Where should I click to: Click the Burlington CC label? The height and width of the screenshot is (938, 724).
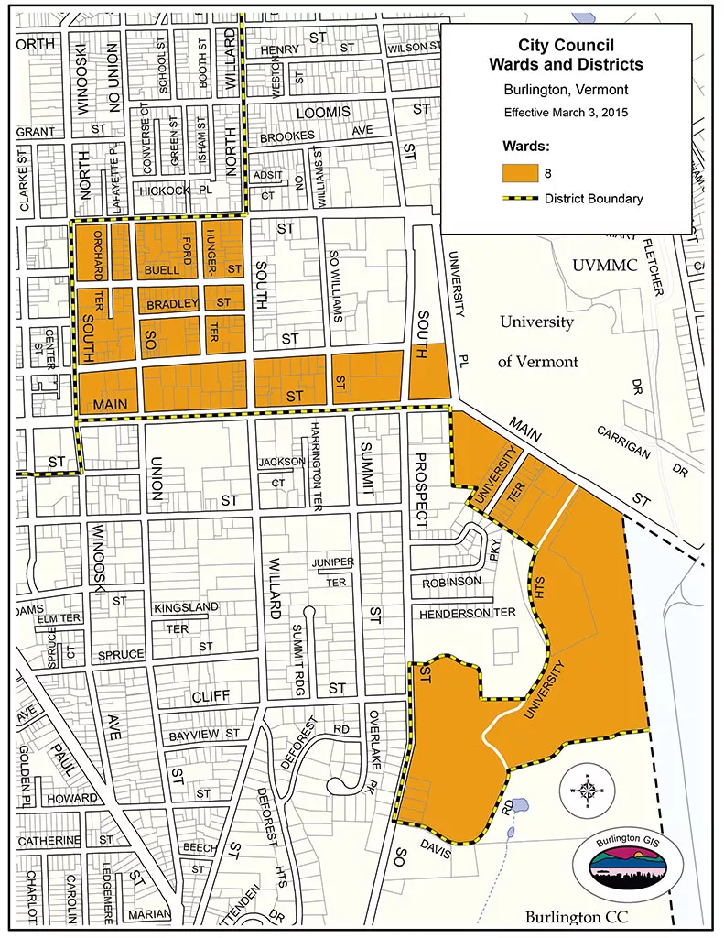(579, 917)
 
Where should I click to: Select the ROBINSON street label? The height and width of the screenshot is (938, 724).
(451, 582)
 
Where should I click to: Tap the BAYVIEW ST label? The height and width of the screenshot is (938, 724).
(204, 734)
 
